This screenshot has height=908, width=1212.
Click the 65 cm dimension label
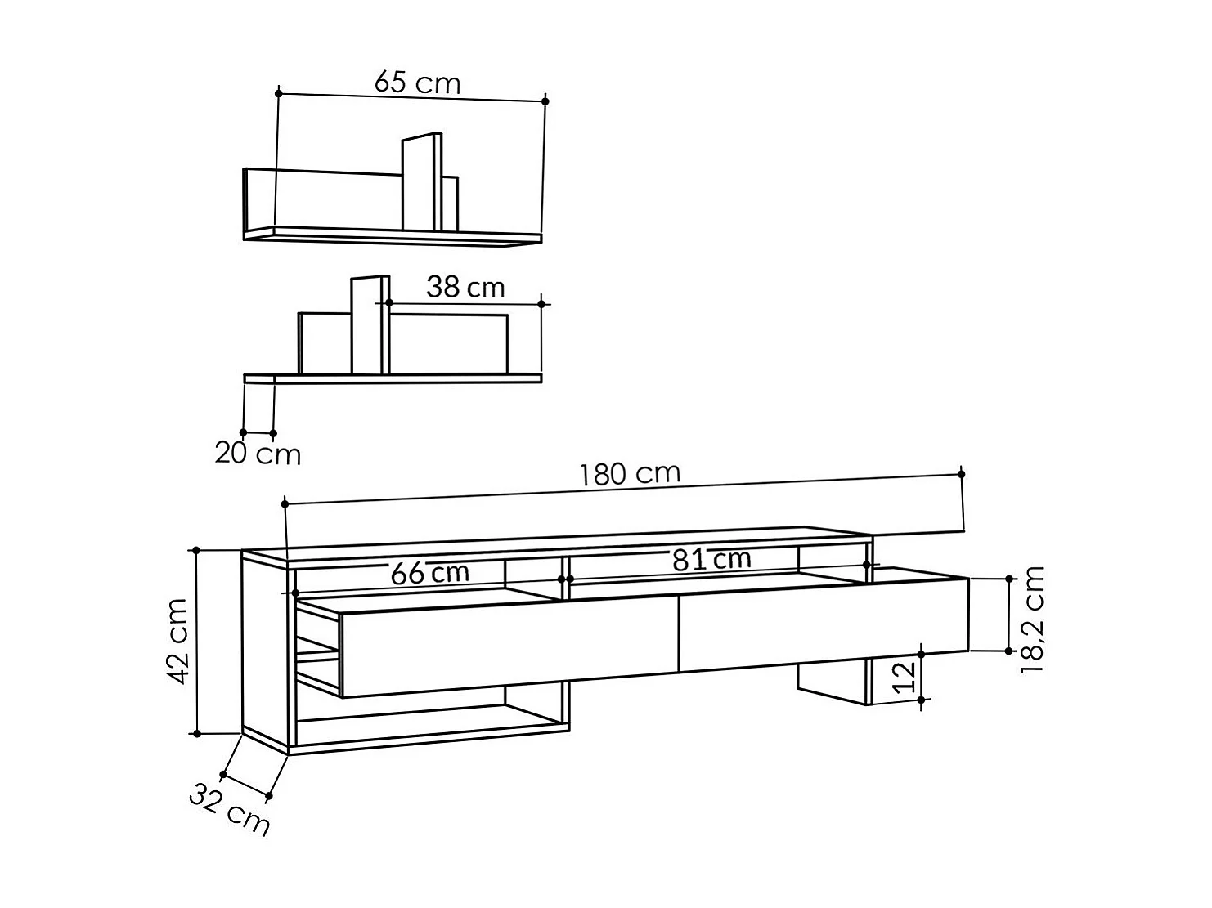coord(417,83)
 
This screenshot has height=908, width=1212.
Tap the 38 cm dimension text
coord(465,287)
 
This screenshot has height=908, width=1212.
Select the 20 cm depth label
coord(258,454)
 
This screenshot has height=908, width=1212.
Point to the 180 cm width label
coord(630,473)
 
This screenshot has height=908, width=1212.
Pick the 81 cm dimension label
coord(711,559)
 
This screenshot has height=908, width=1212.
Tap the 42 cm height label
coord(177,641)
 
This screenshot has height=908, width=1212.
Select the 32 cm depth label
coord(230,809)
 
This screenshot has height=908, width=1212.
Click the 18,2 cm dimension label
coord(1032,619)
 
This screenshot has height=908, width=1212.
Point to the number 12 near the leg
coord(903,678)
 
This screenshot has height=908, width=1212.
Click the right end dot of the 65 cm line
coord(545,101)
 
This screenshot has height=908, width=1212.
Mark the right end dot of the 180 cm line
coord(961,474)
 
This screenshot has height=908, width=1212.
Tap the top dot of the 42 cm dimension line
coord(196,551)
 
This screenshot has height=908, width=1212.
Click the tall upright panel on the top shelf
coord(420,183)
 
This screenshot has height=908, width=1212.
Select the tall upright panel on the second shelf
coord(369,325)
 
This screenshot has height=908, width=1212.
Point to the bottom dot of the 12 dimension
coord(922,700)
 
